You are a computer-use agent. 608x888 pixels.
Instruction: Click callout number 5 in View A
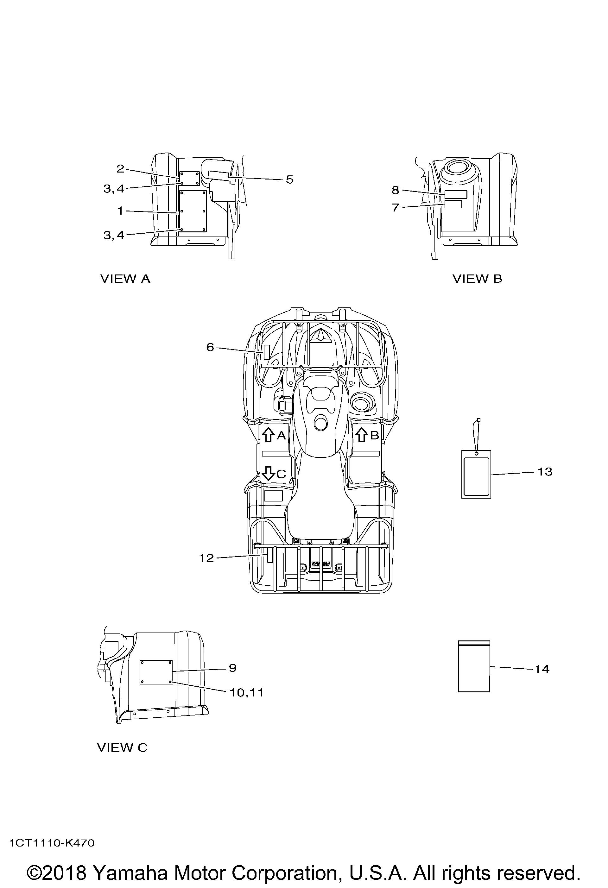pyautogui.click(x=290, y=179)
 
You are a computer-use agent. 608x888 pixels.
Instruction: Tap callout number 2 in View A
pyautogui.click(x=120, y=168)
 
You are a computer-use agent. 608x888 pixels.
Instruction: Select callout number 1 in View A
pyautogui.click(x=120, y=211)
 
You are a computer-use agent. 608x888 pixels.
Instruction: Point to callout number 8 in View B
pyautogui.click(x=396, y=190)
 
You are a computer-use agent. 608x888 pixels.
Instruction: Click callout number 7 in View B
pyautogui.click(x=396, y=207)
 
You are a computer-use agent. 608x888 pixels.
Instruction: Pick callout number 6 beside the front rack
pyautogui.click(x=210, y=347)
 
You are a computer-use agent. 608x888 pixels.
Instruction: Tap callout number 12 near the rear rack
pyautogui.click(x=206, y=558)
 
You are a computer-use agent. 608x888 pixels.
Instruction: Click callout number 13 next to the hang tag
pyautogui.click(x=545, y=472)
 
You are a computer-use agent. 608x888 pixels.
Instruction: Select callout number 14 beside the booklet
pyautogui.click(x=542, y=669)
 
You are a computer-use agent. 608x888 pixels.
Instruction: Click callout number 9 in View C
pyautogui.click(x=233, y=668)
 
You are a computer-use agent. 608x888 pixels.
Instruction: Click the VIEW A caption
pyautogui.click(x=125, y=279)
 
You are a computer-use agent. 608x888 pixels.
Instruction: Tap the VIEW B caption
pyautogui.click(x=477, y=279)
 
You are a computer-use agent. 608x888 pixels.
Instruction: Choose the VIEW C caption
pyautogui.click(x=122, y=748)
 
